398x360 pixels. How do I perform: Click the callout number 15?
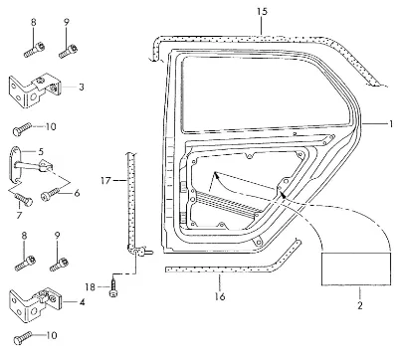click(262, 12)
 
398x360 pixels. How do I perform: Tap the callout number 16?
click(220, 296)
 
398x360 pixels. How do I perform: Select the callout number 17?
click(106, 181)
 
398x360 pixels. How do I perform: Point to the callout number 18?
click(91, 287)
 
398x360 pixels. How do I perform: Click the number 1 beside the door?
click(391, 124)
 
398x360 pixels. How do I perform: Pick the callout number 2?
click(360, 305)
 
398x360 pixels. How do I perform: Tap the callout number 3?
click(82, 88)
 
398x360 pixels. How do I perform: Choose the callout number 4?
click(82, 302)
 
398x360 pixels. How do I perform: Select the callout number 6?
click(77, 193)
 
